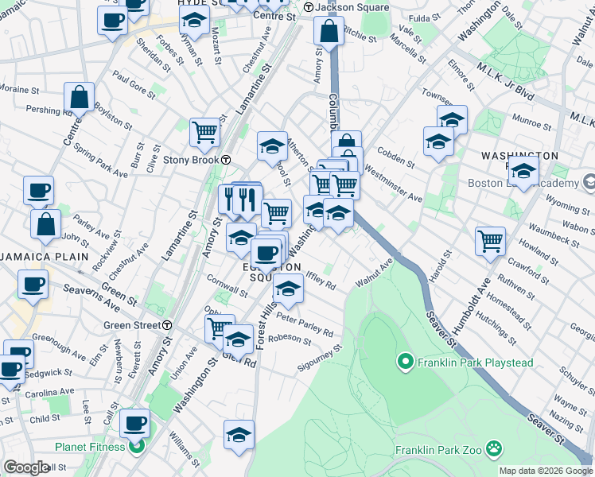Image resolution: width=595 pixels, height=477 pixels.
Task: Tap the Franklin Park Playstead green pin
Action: [405, 363]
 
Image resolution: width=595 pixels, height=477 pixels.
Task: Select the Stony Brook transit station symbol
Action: [226, 159]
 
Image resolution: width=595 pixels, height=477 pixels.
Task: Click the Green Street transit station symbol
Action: [167, 325]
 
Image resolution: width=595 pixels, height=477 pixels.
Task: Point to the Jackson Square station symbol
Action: [308, 8]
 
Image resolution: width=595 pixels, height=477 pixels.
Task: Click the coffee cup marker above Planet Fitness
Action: [135, 423]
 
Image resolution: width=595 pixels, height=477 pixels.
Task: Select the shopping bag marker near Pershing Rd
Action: [80, 98]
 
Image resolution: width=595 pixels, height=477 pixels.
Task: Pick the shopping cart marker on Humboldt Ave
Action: [490, 241]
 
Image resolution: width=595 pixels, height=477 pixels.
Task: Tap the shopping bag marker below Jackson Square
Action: [329, 32]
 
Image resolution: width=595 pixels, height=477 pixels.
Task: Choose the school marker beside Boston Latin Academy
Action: [523, 171]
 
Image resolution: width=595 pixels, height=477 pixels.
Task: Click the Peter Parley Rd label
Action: [305, 327]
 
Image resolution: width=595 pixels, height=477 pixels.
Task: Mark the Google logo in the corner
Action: [26, 467]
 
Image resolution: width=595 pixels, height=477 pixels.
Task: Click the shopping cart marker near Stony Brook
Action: [205, 133]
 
